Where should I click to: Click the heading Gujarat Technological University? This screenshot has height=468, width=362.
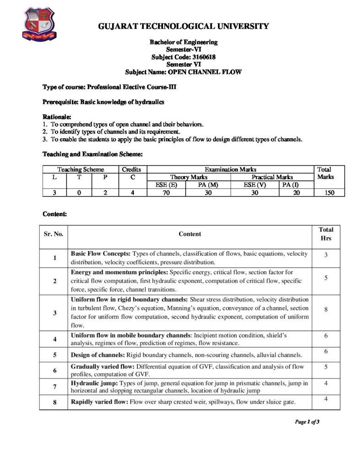184,27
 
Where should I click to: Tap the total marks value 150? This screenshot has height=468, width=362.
324,193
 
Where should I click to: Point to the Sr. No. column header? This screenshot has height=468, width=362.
54,234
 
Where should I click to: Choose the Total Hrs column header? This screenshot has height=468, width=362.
325,234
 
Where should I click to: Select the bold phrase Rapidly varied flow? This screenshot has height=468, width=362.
99,402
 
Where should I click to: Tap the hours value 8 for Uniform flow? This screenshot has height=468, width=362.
325,309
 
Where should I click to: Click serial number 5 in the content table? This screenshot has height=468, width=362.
54,355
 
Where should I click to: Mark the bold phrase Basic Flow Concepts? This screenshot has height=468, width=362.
101,253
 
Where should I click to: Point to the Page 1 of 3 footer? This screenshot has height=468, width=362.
307,422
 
